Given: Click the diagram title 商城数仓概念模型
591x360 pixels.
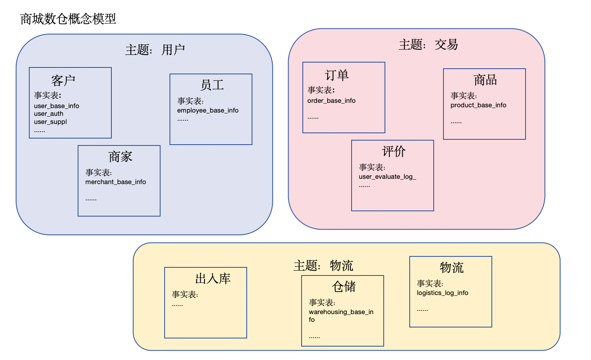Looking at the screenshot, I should [68, 19].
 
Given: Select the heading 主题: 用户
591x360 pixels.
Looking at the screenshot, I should [155, 50].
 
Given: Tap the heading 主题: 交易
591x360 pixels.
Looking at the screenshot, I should [428, 44].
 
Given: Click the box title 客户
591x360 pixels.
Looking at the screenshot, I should [63, 80].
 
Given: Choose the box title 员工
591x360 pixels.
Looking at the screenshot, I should [212, 85].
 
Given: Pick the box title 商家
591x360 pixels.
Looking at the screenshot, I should [120, 156].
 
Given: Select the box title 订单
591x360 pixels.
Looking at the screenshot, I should [337, 75].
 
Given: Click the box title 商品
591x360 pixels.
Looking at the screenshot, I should [485, 80].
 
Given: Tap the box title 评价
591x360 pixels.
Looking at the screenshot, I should [393, 151].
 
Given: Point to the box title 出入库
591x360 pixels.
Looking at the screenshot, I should [213, 278].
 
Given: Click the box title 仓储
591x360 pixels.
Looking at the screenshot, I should [343, 286].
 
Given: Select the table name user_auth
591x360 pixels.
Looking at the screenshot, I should [49, 114].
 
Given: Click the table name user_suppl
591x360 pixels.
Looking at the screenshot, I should [50, 122].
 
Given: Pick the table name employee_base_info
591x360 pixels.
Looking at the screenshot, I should [208, 111].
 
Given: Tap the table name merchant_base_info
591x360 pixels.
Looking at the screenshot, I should [115, 182].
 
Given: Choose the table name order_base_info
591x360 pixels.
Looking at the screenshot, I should [331, 101].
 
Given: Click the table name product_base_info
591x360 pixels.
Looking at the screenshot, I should [478, 105].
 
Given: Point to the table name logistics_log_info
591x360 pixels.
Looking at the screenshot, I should [442, 293].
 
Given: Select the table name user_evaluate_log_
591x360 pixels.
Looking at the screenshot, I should [387, 177].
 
